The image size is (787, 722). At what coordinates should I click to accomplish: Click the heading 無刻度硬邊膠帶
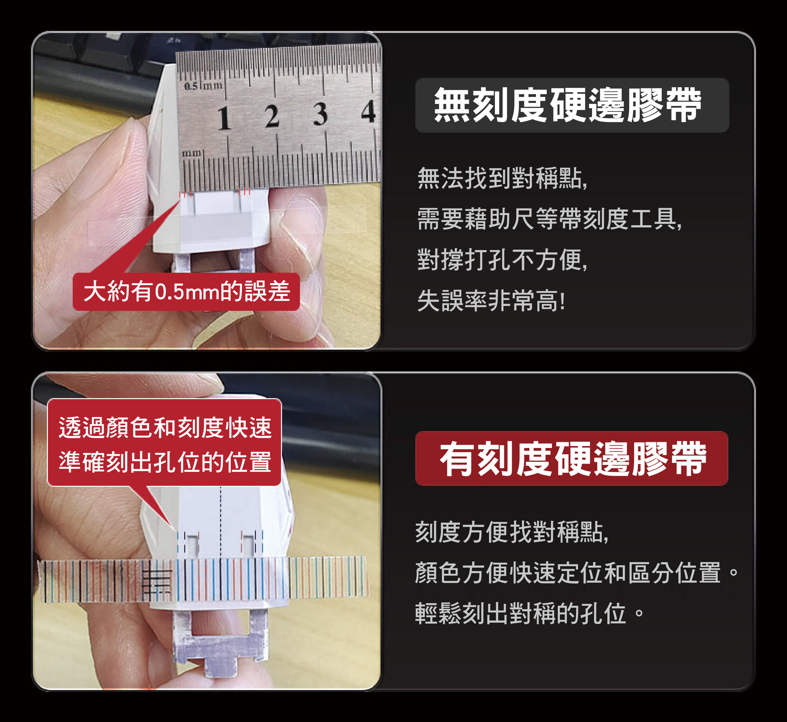coord(568,105)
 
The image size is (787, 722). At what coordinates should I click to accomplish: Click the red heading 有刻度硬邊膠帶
coord(573,459)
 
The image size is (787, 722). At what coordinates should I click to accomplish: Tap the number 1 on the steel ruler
coord(224,118)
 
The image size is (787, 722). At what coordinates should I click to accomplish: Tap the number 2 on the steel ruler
coord(272,116)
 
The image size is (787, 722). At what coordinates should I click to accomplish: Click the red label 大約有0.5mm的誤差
coord(186,292)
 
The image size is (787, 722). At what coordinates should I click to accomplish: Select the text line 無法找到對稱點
coord(502,178)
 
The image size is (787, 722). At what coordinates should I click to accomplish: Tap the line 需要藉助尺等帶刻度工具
coord(550,219)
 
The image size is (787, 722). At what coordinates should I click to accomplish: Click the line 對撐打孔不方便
coord(502,259)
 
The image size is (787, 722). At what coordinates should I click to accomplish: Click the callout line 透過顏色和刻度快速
coord(165,427)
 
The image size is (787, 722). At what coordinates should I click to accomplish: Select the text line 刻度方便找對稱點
coord(512,532)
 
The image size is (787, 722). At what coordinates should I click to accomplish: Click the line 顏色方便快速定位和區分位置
coord(577,573)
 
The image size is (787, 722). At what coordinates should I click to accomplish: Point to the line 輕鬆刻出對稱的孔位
coord(529,614)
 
